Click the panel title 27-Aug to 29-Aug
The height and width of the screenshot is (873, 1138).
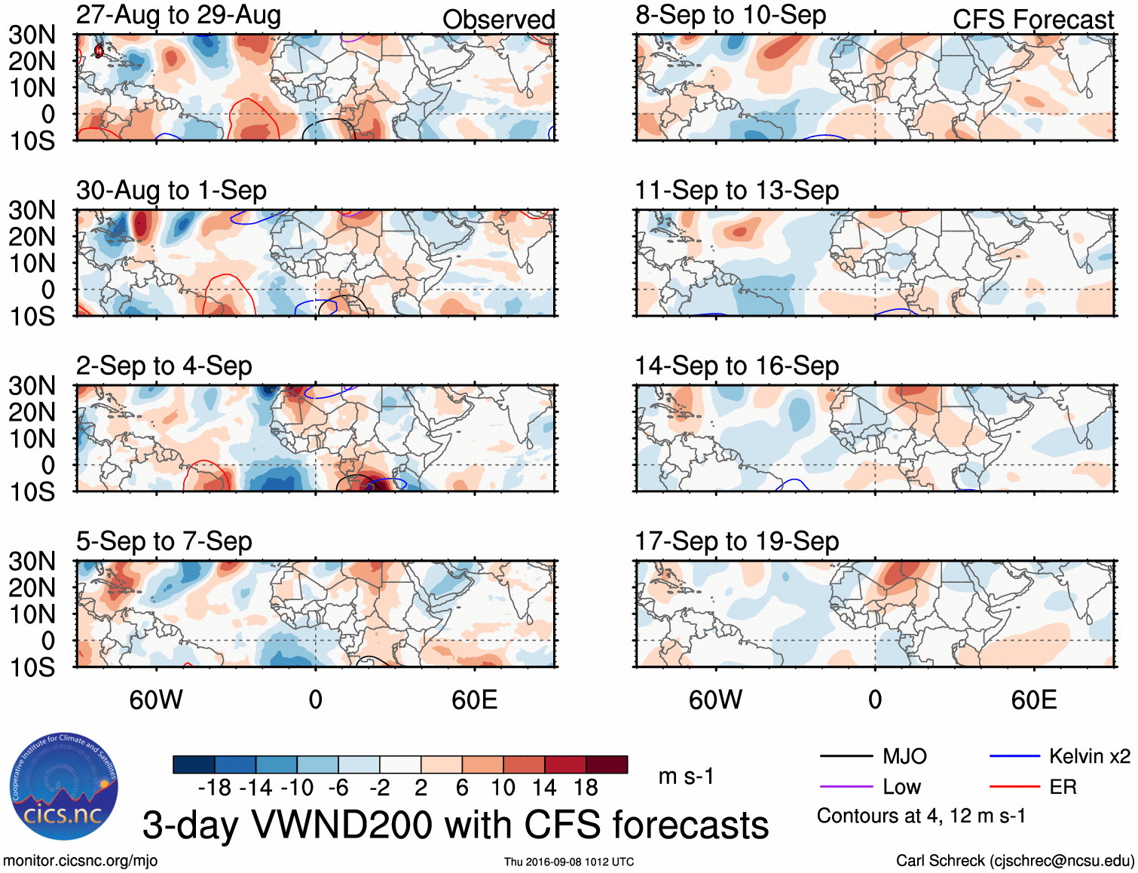[179, 15]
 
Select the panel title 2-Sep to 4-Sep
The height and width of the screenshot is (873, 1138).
[164, 366]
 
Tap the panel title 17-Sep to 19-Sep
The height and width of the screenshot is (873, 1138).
[736, 541]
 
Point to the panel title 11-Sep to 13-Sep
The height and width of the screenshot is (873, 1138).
[736, 191]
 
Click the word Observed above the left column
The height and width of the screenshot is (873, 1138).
[498, 20]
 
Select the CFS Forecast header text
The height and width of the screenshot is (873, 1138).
[1032, 20]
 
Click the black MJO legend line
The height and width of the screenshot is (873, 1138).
[846, 756]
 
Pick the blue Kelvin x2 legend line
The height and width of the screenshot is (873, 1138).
[1014, 756]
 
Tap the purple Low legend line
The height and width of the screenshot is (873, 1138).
[846, 787]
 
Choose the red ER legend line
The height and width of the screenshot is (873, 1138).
[1014, 787]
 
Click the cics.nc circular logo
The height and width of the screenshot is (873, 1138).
[63, 787]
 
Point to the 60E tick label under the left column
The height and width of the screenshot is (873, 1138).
[474, 700]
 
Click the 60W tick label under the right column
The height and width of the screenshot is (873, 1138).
[715, 700]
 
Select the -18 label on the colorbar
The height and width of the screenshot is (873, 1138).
[214, 788]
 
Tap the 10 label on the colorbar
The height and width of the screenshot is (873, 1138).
[503, 788]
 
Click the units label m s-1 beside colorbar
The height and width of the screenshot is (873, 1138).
[686, 776]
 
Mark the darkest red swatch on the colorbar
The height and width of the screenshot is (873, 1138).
[607, 764]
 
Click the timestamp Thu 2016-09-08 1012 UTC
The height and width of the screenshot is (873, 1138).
[569, 862]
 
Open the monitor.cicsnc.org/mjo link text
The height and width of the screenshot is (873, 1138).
[81, 861]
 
